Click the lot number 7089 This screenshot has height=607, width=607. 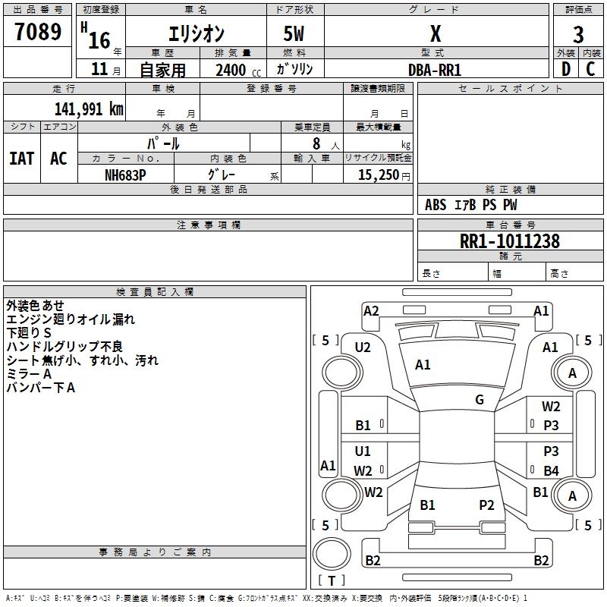point(38,32)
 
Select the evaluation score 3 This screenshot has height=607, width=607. point(578,35)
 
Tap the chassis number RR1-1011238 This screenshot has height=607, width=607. point(510,241)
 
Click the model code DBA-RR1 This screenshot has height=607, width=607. point(435,70)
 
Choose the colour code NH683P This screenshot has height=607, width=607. point(125,175)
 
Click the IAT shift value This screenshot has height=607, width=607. point(21,159)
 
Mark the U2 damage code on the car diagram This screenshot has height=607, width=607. point(363,347)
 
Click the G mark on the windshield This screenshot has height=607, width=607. point(480,400)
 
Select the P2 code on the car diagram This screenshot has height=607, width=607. point(486,505)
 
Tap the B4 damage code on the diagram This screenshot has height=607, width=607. point(551,470)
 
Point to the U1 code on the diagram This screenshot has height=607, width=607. point(363,451)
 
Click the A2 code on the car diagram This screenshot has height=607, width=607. point(371,310)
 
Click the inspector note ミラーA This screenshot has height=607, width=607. point(29,374)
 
